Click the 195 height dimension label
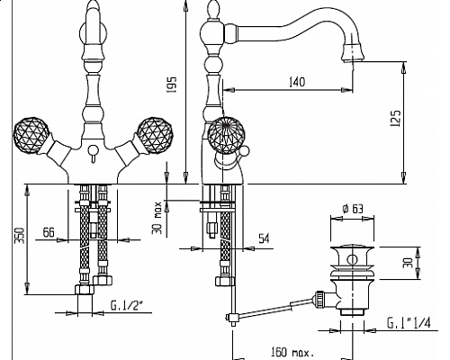tap(172, 85)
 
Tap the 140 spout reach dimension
tap(297, 82)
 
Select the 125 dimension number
tap(396, 118)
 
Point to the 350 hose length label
tap(20, 236)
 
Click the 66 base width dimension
tap(49, 232)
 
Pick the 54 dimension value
tap(264, 238)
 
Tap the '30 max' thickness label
tap(157, 218)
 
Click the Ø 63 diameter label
tap(353, 209)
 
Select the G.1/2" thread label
tap(127, 305)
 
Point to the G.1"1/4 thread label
tap(409, 323)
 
